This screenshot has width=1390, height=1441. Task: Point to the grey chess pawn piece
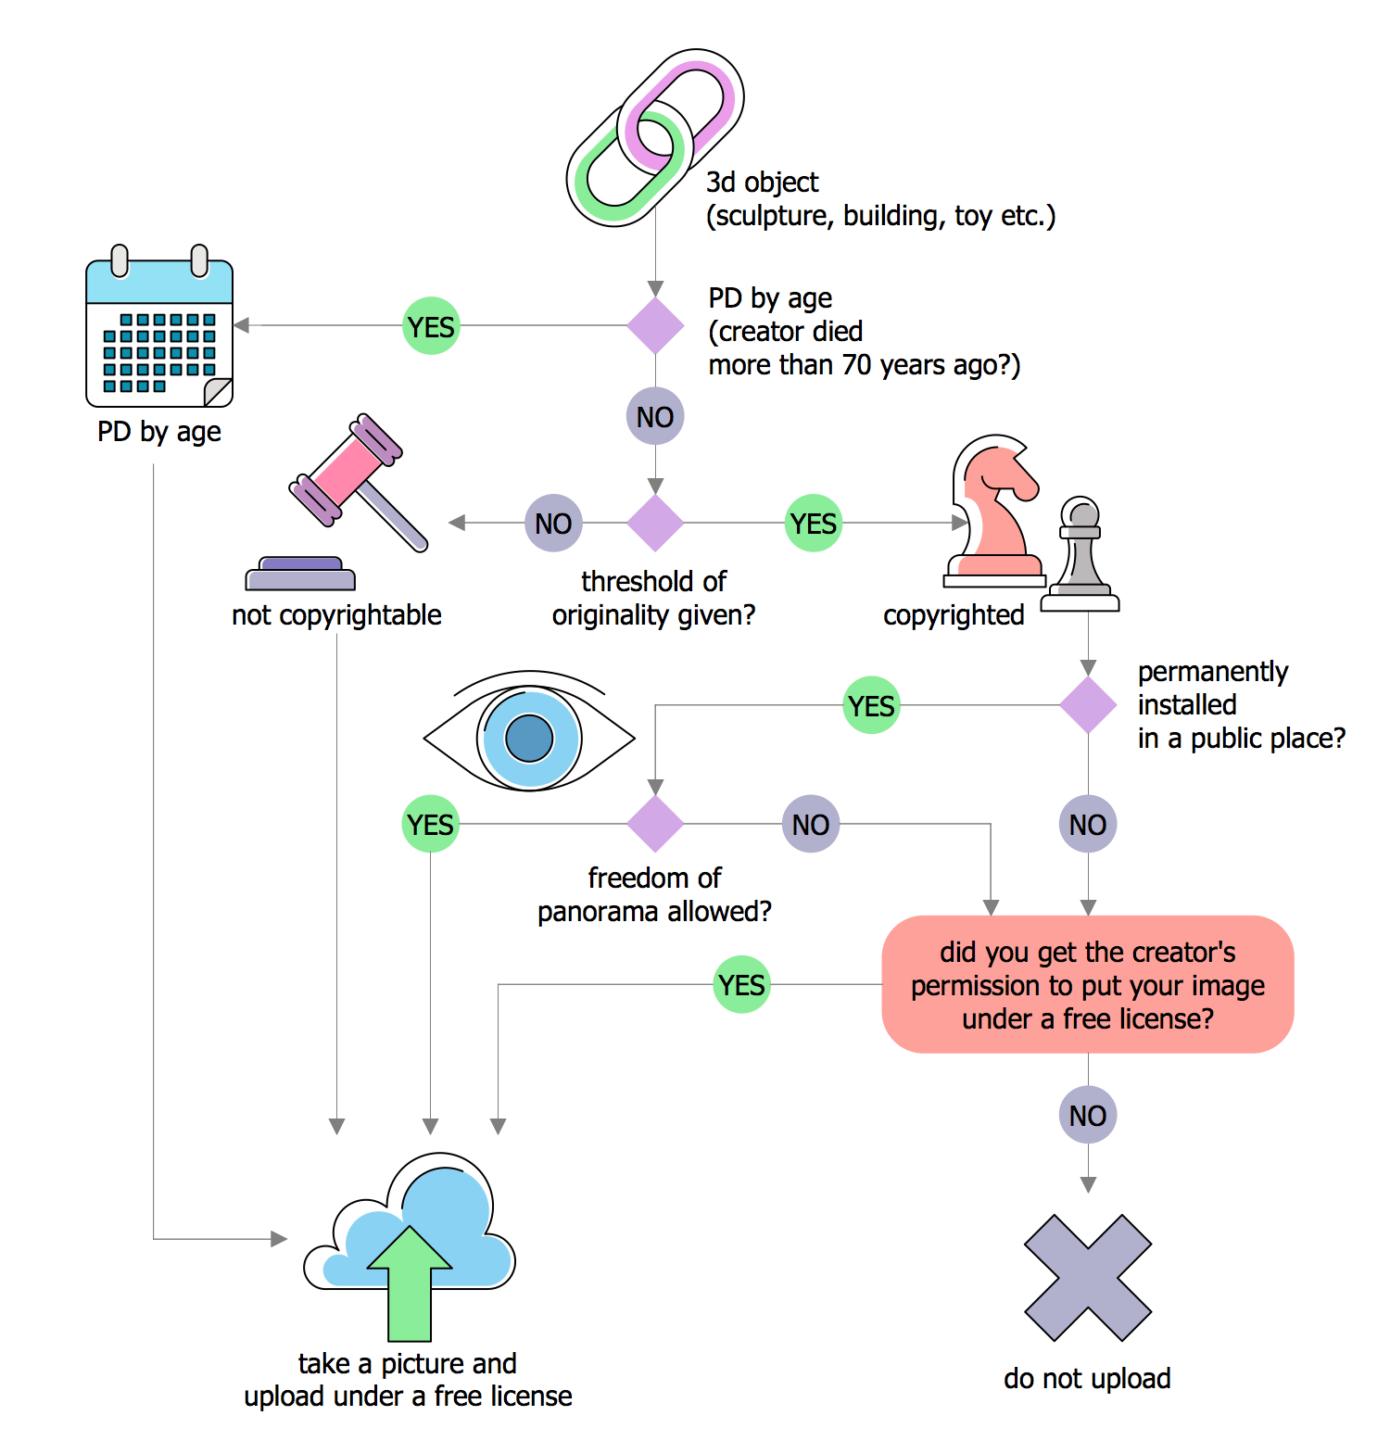point(1080,556)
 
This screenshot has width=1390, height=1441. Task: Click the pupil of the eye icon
point(529,739)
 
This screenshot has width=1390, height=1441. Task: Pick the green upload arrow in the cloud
point(410,1283)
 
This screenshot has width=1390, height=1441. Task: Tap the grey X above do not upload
point(1088,1278)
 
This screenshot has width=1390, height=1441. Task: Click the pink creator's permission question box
point(1088,985)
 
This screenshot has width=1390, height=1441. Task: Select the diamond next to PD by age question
point(655,325)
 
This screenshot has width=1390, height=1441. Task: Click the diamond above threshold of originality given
point(655,523)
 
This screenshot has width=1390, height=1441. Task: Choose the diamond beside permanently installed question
point(1088,705)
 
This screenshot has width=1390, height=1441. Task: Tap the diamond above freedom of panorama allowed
point(655,824)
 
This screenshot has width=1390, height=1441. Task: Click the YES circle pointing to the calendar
point(431,326)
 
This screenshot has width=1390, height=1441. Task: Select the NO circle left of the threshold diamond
point(553,524)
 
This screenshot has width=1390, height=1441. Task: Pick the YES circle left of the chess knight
point(814,524)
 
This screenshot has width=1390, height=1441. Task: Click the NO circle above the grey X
point(1088,1115)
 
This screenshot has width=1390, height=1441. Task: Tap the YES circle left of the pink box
point(742,984)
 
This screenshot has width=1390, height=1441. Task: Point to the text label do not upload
point(1087,1379)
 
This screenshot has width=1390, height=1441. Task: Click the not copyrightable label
point(336,615)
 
